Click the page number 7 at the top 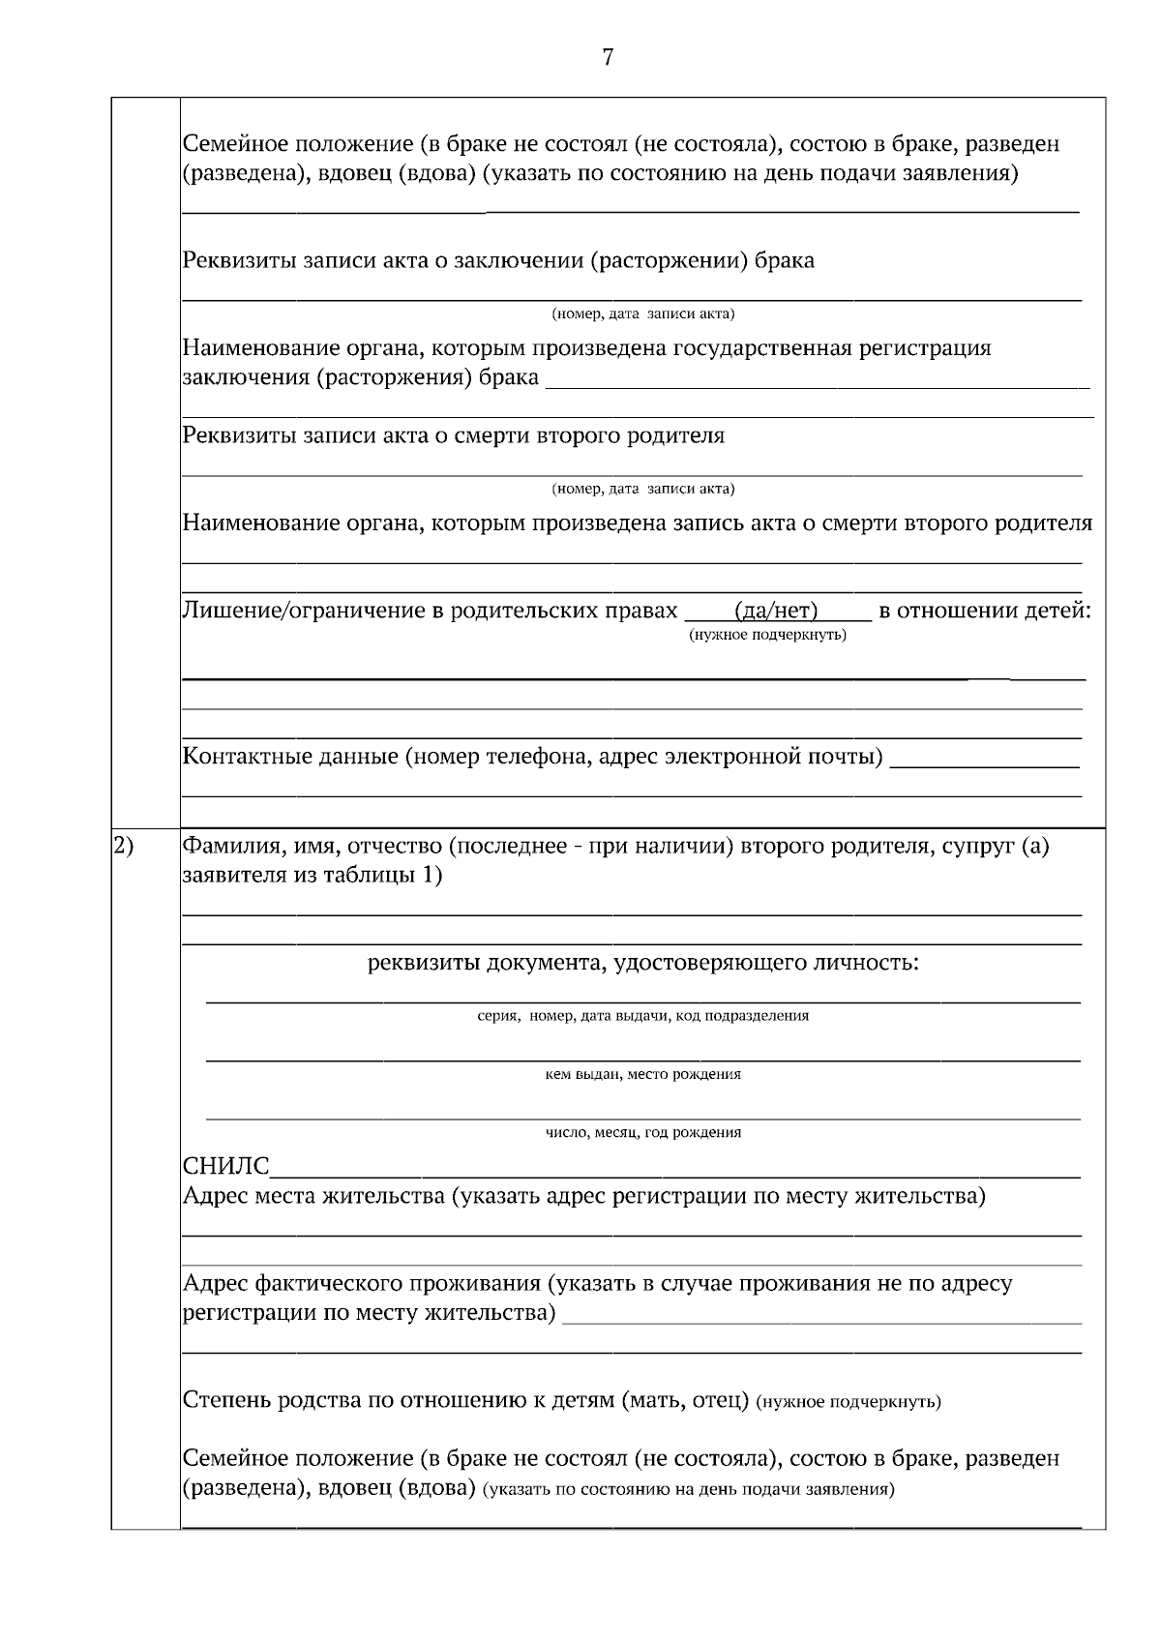[x=608, y=58]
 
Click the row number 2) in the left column [x=123, y=847]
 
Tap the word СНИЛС [x=226, y=1167]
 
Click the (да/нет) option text [x=777, y=611]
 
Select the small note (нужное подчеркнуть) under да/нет [x=767, y=635]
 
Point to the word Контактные [x=249, y=756]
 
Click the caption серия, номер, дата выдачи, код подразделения [x=642, y=1016]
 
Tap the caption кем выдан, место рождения [x=642, y=1074]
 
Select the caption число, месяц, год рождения [x=642, y=1132]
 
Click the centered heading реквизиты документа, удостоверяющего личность [x=642, y=963]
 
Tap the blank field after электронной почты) [x=983, y=760]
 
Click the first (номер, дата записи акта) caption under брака [x=642, y=314]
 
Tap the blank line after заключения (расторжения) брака [x=817, y=380]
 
